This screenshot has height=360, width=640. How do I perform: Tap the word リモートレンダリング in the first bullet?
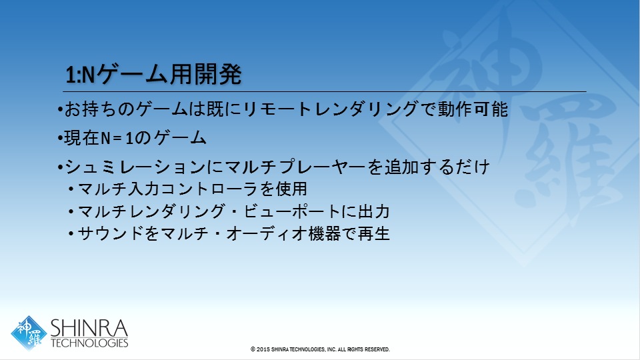(x=330, y=109)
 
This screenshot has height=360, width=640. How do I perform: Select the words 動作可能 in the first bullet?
(x=473, y=109)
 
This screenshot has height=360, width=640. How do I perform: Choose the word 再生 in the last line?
(x=373, y=234)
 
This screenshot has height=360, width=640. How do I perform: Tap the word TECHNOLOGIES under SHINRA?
(x=89, y=343)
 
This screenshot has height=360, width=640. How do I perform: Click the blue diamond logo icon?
(x=29, y=333)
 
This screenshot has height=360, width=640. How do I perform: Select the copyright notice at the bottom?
(x=320, y=349)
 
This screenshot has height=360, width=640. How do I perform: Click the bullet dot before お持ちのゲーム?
(x=60, y=110)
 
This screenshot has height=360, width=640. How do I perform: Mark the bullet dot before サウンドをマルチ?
(x=71, y=234)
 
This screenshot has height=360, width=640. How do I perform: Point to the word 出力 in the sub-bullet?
(x=373, y=211)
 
